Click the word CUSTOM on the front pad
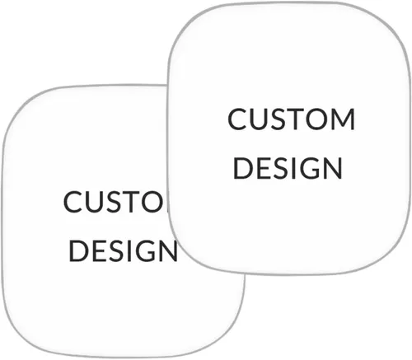coord(291,119)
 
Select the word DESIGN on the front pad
coord(288,168)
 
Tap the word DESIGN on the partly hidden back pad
coord(123,250)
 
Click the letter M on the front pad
coord(343,119)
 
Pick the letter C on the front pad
coord(237,119)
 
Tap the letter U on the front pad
coord(260,119)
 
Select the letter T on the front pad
coord(295,119)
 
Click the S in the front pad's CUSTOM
coord(279,119)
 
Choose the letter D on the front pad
coord(243,168)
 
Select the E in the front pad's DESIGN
coord(264,168)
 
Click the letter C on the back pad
coord(73,202)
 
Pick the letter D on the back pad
coord(78,250)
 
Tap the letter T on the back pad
coord(131,202)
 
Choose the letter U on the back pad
coord(96,202)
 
